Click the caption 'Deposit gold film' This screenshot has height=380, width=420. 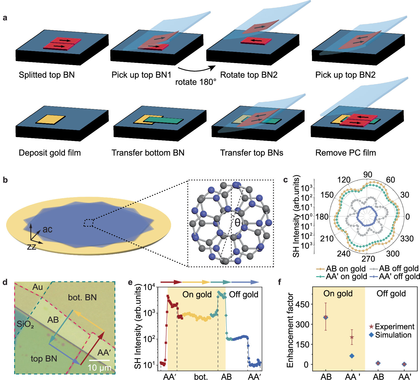50,153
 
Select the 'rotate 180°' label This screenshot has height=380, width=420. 196,82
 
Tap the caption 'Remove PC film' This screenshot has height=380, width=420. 345,153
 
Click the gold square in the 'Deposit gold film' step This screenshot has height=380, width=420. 50,120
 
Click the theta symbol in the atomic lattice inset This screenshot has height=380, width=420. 237,223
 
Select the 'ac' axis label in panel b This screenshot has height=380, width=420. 47,229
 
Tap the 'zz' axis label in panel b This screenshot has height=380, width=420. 32,247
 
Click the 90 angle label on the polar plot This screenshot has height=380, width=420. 368,175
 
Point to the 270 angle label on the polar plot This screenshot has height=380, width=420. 368,259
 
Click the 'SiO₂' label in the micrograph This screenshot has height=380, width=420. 25,324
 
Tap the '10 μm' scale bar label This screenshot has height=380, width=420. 100,368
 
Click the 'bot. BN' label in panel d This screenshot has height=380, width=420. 82,297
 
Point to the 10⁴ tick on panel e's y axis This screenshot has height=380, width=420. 149,287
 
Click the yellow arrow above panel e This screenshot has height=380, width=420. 196,282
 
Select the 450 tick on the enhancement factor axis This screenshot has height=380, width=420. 303,304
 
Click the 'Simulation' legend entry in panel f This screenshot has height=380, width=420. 393,335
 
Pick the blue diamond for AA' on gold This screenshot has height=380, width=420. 352,356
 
